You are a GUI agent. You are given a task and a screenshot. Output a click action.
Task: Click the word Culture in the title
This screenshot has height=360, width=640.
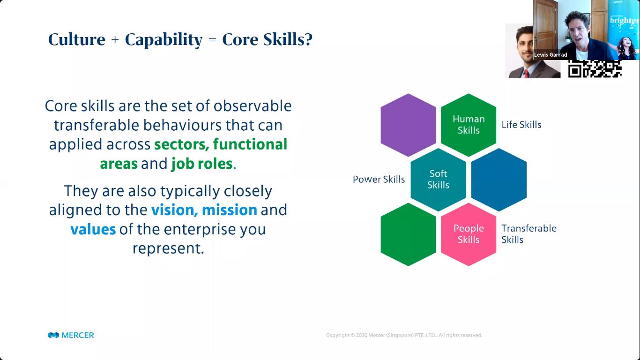[76, 39]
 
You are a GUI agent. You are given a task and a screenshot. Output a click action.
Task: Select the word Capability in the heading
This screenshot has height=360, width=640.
[164, 40]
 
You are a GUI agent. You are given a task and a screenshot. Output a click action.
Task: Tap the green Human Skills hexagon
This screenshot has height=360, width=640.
[469, 125]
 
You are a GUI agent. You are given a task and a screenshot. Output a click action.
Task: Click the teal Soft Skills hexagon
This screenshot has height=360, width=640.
[438, 179]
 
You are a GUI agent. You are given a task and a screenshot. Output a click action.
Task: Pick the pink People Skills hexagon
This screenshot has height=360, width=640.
[469, 234]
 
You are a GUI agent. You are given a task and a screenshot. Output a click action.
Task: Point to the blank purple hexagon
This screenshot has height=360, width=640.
[408, 125]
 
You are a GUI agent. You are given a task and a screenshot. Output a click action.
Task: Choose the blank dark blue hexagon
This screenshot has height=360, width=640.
[499, 179]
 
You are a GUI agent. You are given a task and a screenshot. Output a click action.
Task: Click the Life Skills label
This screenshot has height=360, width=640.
[521, 125]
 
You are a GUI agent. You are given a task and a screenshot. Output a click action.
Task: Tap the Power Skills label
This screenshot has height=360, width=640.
[379, 179]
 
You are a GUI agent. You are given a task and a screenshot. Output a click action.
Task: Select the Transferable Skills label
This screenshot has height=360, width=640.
[529, 233]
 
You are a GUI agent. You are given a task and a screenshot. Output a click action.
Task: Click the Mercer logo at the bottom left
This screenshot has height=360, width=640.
[71, 335]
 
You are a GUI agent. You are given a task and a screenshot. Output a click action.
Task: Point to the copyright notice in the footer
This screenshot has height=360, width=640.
[404, 335]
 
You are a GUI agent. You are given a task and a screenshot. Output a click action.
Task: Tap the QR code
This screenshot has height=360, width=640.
[595, 68]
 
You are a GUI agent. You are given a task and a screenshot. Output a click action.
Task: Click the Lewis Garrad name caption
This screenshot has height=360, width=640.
[551, 55]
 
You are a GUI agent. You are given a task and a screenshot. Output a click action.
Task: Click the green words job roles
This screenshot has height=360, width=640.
[202, 164]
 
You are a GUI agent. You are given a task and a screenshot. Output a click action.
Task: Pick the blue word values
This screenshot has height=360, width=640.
[93, 229]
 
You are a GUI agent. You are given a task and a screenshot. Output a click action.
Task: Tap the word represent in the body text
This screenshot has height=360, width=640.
[168, 248]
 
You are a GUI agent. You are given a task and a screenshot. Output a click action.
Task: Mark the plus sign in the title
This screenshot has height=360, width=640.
[115, 40]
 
